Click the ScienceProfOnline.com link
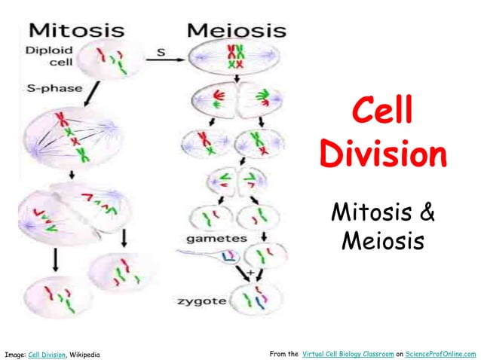point(441,353)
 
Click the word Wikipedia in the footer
point(84,353)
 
